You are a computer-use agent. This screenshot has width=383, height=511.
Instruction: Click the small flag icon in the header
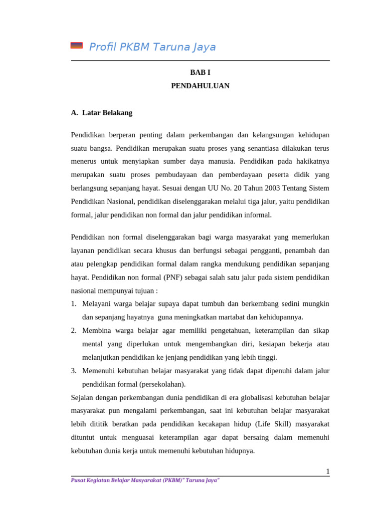[76, 45]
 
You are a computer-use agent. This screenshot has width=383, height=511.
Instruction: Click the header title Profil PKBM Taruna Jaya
[152, 47]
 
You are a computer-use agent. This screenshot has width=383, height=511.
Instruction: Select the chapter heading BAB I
[200, 72]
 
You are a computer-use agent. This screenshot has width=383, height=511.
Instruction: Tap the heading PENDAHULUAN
[200, 86]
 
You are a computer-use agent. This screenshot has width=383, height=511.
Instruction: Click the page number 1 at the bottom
[328, 471]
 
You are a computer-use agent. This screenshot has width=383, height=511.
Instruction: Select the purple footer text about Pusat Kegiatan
[145, 480]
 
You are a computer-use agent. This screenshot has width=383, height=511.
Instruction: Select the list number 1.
[73, 303]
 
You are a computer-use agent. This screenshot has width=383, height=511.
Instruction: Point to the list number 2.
[73, 330]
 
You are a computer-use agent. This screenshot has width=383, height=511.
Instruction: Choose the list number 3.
[73, 371]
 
